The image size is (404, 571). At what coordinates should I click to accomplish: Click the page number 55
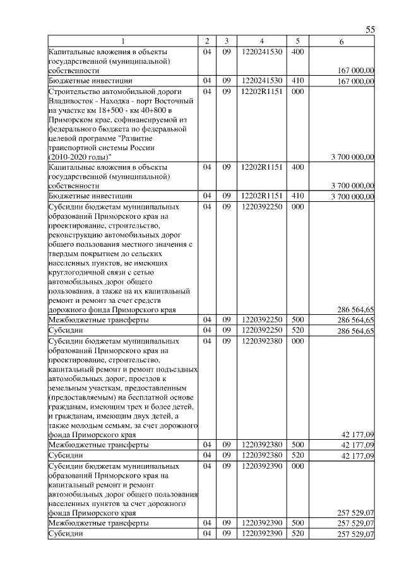coord(370,30)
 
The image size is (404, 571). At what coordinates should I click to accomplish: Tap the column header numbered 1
coord(123,41)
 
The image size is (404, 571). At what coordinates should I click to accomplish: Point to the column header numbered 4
coord(261,41)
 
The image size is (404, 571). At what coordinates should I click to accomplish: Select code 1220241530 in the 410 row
coord(261,81)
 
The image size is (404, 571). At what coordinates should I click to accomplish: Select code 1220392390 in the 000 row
coord(261,466)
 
